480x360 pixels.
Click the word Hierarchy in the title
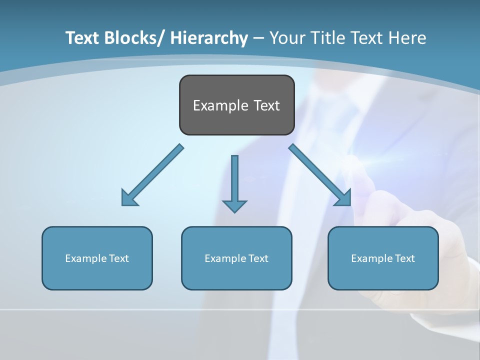click(x=209, y=38)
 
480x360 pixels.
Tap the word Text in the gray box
click(x=266, y=105)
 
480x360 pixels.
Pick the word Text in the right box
click(x=405, y=258)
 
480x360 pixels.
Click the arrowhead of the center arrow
click(x=234, y=205)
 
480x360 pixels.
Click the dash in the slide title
click(x=258, y=38)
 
